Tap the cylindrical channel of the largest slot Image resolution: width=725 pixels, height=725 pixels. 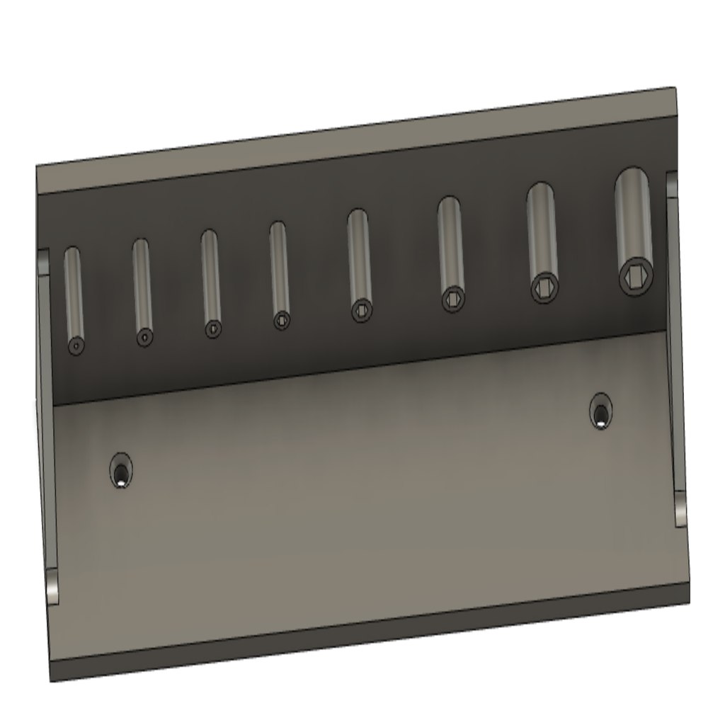[x=633, y=212]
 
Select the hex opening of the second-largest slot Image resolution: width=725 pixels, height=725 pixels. [x=544, y=287]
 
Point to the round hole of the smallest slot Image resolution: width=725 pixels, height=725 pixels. [x=76, y=346]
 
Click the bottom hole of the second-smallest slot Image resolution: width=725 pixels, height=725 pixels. [x=144, y=338]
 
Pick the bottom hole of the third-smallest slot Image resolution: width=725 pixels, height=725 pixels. [x=213, y=329]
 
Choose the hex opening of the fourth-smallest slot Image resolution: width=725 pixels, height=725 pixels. [x=282, y=320]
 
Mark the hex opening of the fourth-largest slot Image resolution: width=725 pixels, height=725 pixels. [x=361, y=309]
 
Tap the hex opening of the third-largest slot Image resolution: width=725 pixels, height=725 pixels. [x=453, y=299]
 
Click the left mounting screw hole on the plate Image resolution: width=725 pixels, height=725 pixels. [x=121, y=471]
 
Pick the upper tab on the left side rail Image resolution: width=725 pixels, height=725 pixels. [x=43, y=262]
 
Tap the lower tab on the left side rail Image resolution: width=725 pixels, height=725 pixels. [x=52, y=586]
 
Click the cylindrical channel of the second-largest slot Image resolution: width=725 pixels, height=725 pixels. [x=542, y=227]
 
